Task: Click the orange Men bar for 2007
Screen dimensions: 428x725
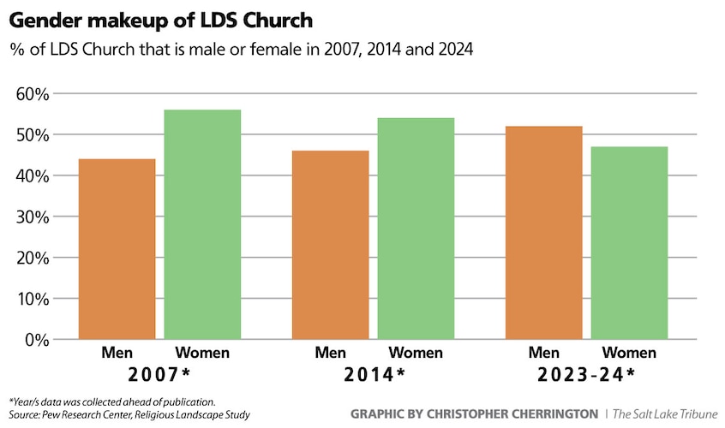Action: [117, 248]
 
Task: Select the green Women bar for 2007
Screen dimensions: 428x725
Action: [202, 224]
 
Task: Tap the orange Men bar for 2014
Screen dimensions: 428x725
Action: [331, 245]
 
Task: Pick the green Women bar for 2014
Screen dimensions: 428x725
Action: [416, 229]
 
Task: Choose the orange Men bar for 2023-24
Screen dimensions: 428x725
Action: [544, 233]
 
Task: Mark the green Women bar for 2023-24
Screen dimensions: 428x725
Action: [629, 243]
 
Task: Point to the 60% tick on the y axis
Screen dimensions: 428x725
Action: [33, 93]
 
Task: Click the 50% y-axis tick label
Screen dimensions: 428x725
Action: [33, 134]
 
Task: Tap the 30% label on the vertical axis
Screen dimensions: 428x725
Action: [33, 217]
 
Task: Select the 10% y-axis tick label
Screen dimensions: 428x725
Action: [33, 299]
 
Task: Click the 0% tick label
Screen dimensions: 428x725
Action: [37, 340]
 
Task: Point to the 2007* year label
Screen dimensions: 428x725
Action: [159, 374]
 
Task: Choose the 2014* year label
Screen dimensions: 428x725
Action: [374, 374]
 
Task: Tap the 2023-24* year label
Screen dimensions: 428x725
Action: [586, 374]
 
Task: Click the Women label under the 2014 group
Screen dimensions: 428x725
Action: [416, 353]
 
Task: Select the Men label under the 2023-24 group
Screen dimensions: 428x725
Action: [544, 353]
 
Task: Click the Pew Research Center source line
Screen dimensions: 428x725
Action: [129, 415]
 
